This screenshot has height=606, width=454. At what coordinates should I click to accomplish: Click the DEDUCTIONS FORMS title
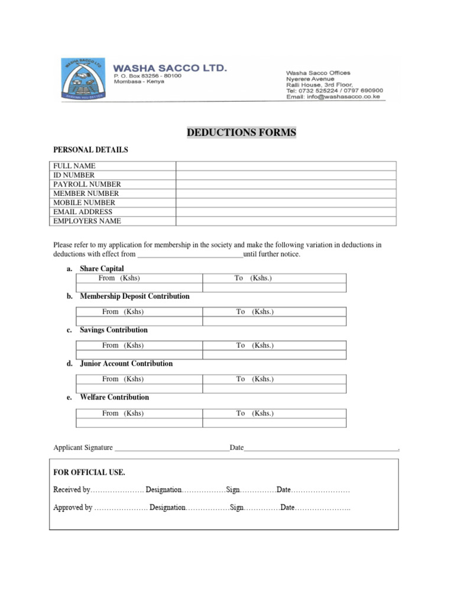click(241, 133)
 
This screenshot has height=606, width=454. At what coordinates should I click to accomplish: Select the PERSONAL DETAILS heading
click(90, 150)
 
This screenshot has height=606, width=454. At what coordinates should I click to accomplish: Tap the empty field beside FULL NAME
click(286, 166)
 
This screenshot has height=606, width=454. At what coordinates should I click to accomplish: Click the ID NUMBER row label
click(74, 175)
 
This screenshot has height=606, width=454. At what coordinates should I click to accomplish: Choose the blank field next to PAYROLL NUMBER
click(286, 184)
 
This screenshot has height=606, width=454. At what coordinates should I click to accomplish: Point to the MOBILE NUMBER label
click(85, 202)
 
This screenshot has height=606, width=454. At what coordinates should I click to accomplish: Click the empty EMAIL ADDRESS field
click(286, 212)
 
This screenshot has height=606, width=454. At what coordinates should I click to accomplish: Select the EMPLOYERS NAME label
click(87, 221)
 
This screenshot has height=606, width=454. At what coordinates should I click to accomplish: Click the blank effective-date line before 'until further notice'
click(190, 254)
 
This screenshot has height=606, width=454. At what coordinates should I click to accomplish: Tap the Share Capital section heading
click(102, 269)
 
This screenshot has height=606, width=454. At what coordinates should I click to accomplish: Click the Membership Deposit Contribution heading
click(135, 296)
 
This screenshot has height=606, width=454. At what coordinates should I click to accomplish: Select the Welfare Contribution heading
click(114, 397)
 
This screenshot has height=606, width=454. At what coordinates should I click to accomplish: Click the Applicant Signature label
click(83, 448)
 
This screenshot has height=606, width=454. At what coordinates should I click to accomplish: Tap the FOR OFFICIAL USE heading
click(89, 472)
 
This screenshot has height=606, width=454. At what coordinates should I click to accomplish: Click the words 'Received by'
click(72, 490)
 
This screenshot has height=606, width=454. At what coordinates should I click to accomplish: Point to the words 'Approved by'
click(73, 508)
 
